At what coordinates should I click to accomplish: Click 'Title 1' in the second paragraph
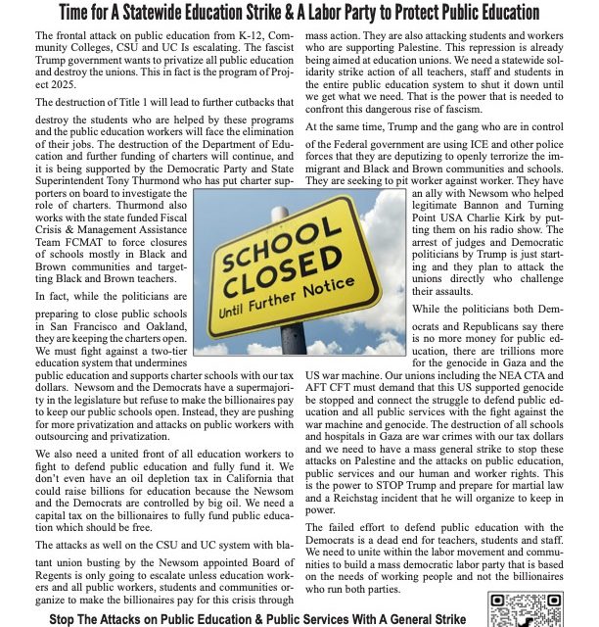(132, 103)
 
